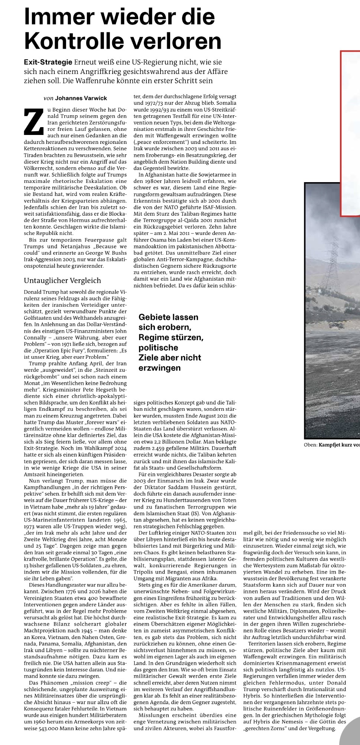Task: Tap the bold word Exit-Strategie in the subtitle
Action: point(48,62)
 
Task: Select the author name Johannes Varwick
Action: point(81,98)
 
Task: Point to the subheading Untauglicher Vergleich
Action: point(62,280)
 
